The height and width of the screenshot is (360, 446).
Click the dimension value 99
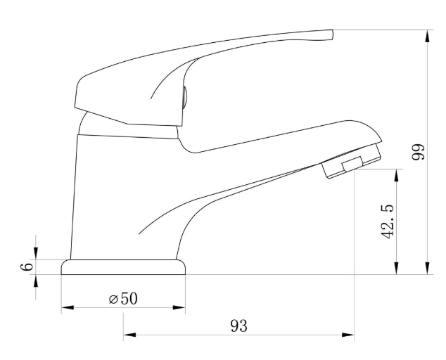coord(419,152)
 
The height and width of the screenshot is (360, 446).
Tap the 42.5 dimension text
coord(388,221)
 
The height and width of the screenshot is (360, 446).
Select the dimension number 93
coord(239,326)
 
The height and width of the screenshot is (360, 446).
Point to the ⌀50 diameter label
coord(123,299)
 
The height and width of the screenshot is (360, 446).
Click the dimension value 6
coord(27,267)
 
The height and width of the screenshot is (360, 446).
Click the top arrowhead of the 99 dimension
coord(427,36)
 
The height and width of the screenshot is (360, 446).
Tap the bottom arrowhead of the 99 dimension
coord(427,268)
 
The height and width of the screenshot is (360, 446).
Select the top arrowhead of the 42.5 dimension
coord(397,176)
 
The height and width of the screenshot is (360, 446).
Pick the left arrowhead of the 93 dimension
coord(129,335)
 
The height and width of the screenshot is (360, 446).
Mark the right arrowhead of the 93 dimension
coord(348,335)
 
